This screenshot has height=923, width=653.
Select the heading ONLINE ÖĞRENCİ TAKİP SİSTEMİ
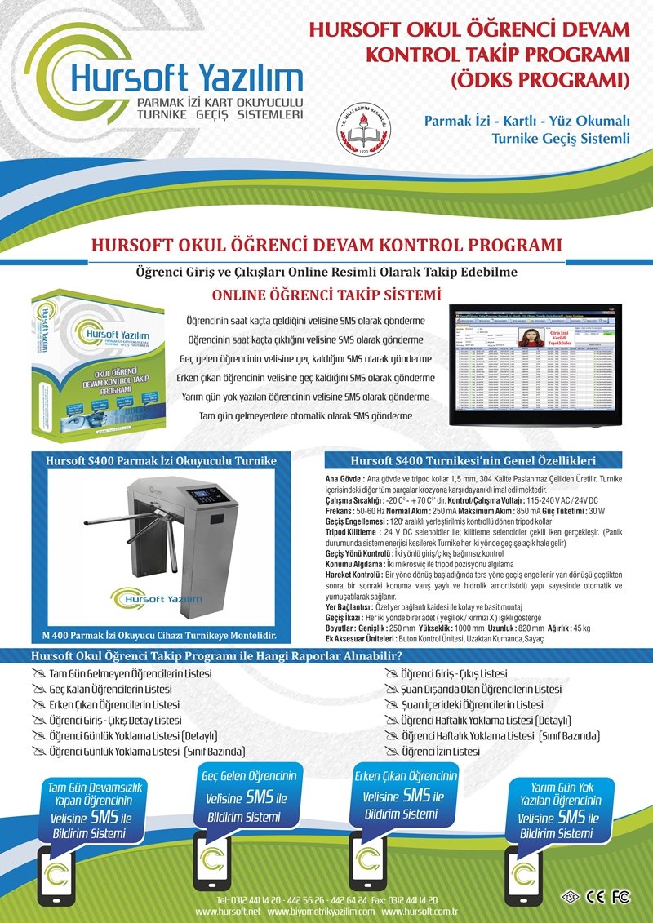coord(326,295)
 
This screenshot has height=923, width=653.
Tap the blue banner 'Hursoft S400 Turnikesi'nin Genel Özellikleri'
coord(473,459)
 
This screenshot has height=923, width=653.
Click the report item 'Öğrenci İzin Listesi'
coord(440,751)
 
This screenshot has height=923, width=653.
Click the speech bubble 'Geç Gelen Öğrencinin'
coord(249,797)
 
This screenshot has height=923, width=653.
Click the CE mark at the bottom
coord(596,897)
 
